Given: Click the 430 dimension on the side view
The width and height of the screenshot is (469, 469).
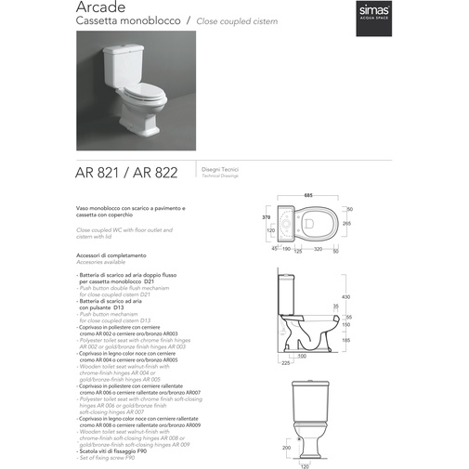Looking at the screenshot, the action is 345,296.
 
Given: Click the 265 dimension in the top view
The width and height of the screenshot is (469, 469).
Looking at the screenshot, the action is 348,224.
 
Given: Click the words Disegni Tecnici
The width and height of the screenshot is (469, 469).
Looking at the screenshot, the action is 215,169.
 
